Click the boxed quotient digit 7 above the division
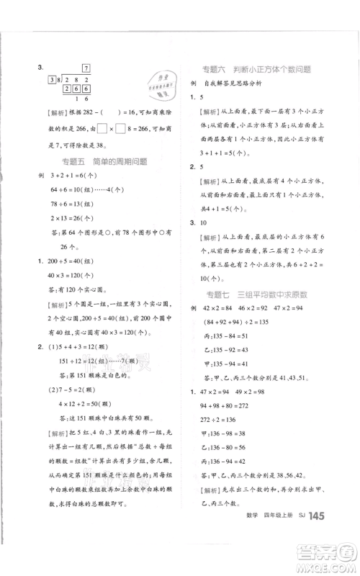(85, 67)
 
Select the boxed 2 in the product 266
(68, 88)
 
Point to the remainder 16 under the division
(81, 99)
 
